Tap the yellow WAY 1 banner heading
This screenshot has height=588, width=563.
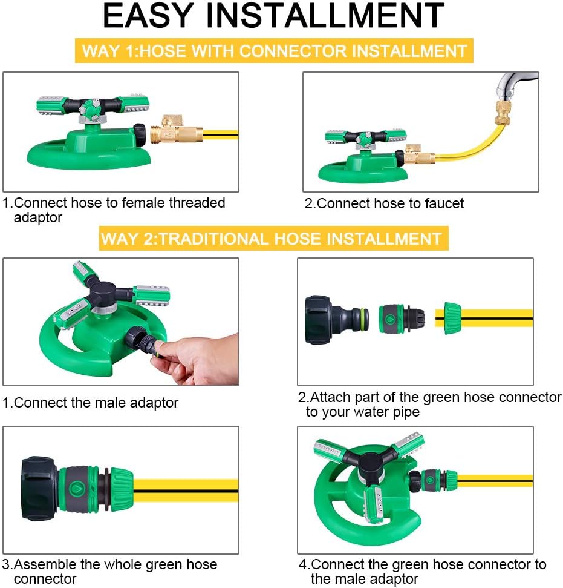275,51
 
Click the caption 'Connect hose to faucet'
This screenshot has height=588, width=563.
384,203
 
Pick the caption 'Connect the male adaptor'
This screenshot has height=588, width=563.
91,402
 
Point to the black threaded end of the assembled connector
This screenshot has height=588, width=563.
39,488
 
